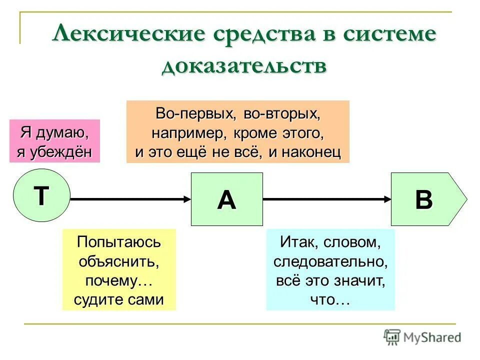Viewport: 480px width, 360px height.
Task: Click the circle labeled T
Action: (41, 195)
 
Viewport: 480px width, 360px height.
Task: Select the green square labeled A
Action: (227, 199)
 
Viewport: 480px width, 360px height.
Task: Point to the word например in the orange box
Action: (183, 134)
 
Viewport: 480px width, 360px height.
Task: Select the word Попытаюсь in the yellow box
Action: (119, 242)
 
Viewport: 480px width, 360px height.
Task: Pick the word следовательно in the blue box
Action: (330, 261)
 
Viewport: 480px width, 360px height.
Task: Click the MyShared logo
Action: (423, 337)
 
